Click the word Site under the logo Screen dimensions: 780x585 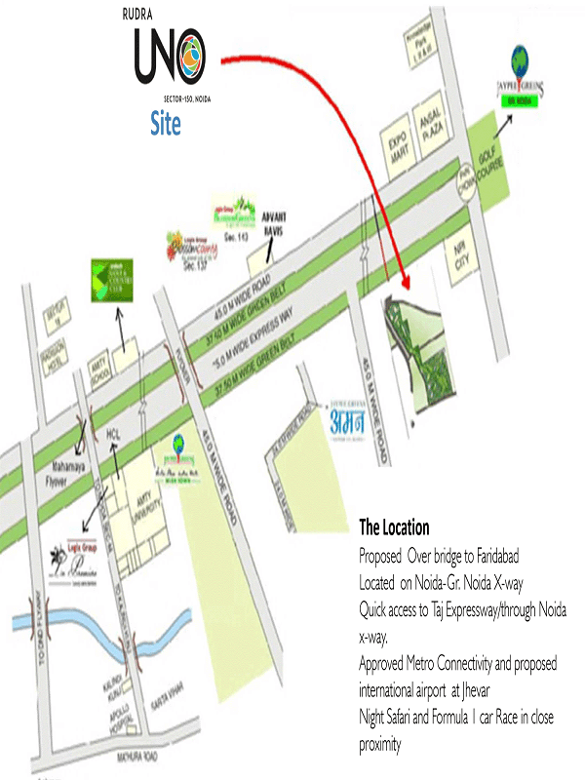coord(165,124)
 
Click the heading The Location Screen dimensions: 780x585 coord(394,528)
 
